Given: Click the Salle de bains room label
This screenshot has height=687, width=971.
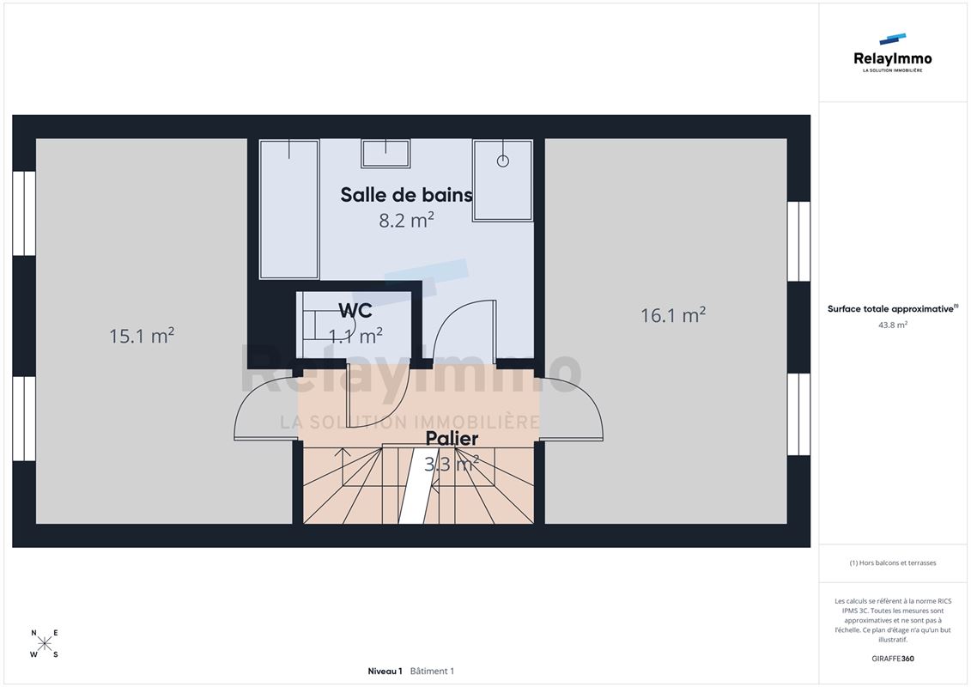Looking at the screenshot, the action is point(406,195).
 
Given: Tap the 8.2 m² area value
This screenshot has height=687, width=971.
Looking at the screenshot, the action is point(406,220).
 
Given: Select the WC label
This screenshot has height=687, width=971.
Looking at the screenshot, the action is point(355,310).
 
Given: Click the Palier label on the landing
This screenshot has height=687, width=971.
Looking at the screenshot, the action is point(452,439).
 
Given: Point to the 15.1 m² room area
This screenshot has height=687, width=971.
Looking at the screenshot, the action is point(142,336).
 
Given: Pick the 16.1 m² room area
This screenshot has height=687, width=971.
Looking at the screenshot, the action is point(673,315).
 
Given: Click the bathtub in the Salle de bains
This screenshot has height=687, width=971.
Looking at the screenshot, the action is point(289,210).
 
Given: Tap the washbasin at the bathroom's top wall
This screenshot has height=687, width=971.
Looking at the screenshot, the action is point(385,154).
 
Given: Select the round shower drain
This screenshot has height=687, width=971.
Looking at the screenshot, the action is point(503,161).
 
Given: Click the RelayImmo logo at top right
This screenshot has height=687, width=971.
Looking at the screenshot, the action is point(892,53).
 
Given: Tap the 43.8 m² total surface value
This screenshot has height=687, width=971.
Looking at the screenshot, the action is point(892,325).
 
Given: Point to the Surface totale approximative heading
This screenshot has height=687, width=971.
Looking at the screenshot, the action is point(892,308).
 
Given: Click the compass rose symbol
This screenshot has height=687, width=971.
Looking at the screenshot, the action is point(45,644).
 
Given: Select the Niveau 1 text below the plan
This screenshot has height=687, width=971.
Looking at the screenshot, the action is point(385,671).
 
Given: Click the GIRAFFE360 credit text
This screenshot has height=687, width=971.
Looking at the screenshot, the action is point(892,659).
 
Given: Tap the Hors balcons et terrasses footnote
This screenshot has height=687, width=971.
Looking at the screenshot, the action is point(892,563).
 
